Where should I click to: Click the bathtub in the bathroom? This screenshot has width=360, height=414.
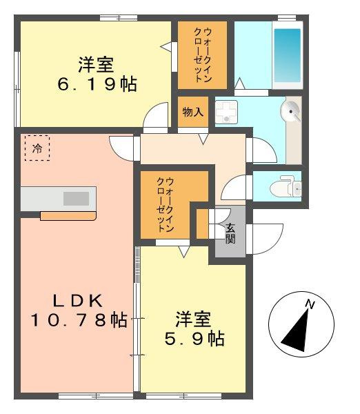pyautogui.click(x=288, y=55)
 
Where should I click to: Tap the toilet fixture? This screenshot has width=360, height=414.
pyautogui.click(x=286, y=186)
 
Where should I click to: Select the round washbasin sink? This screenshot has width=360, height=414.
pyautogui.click(x=291, y=112)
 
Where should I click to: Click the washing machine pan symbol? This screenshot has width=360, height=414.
pyautogui.click(x=226, y=112)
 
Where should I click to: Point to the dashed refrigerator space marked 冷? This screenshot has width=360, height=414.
pyautogui.click(x=37, y=148)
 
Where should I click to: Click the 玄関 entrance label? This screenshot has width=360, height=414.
pyautogui.click(x=230, y=233)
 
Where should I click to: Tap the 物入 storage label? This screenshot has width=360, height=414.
pyautogui.click(x=193, y=112)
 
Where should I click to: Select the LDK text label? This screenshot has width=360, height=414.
pyautogui.click(x=78, y=300)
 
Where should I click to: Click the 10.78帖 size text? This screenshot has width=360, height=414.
pyautogui.click(x=79, y=319)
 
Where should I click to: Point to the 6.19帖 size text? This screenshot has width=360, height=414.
pyautogui.click(x=97, y=84)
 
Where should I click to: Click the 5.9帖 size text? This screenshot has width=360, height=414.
pyautogui.click(x=194, y=339)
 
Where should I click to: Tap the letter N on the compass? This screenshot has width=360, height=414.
pyautogui.click(x=310, y=304)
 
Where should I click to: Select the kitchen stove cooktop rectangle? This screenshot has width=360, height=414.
pyautogui.click(x=76, y=199)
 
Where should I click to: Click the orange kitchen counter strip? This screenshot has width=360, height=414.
pyautogui.click(x=68, y=216)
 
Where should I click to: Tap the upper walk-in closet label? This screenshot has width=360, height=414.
pyautogui.click(x=203, y=55)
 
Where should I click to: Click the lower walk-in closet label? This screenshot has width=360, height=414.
pyautogui.click(x=166, y=205)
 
